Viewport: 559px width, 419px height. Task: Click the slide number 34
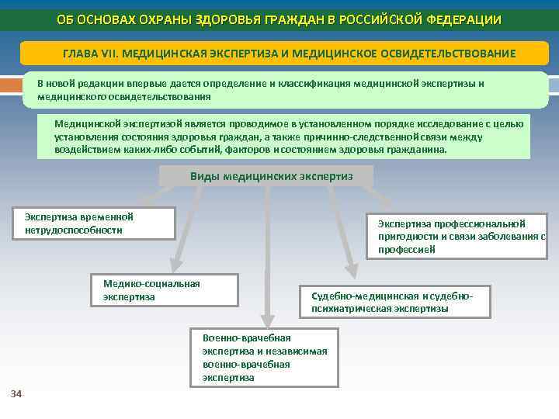pyautogui.click(x=16, y=394)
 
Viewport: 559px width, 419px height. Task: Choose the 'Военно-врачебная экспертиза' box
pyautogui.click(x=265, y=358)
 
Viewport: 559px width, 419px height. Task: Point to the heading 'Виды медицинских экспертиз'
pyautogui.click(x=271, y=176)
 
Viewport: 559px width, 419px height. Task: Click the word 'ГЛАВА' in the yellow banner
pyautogui.click(x=81, y=53)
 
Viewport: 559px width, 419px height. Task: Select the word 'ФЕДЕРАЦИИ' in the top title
pyautogui.click(x=463, y=19)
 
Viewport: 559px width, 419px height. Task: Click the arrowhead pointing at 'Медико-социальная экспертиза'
pyautogui.click(x=176, y=265)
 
